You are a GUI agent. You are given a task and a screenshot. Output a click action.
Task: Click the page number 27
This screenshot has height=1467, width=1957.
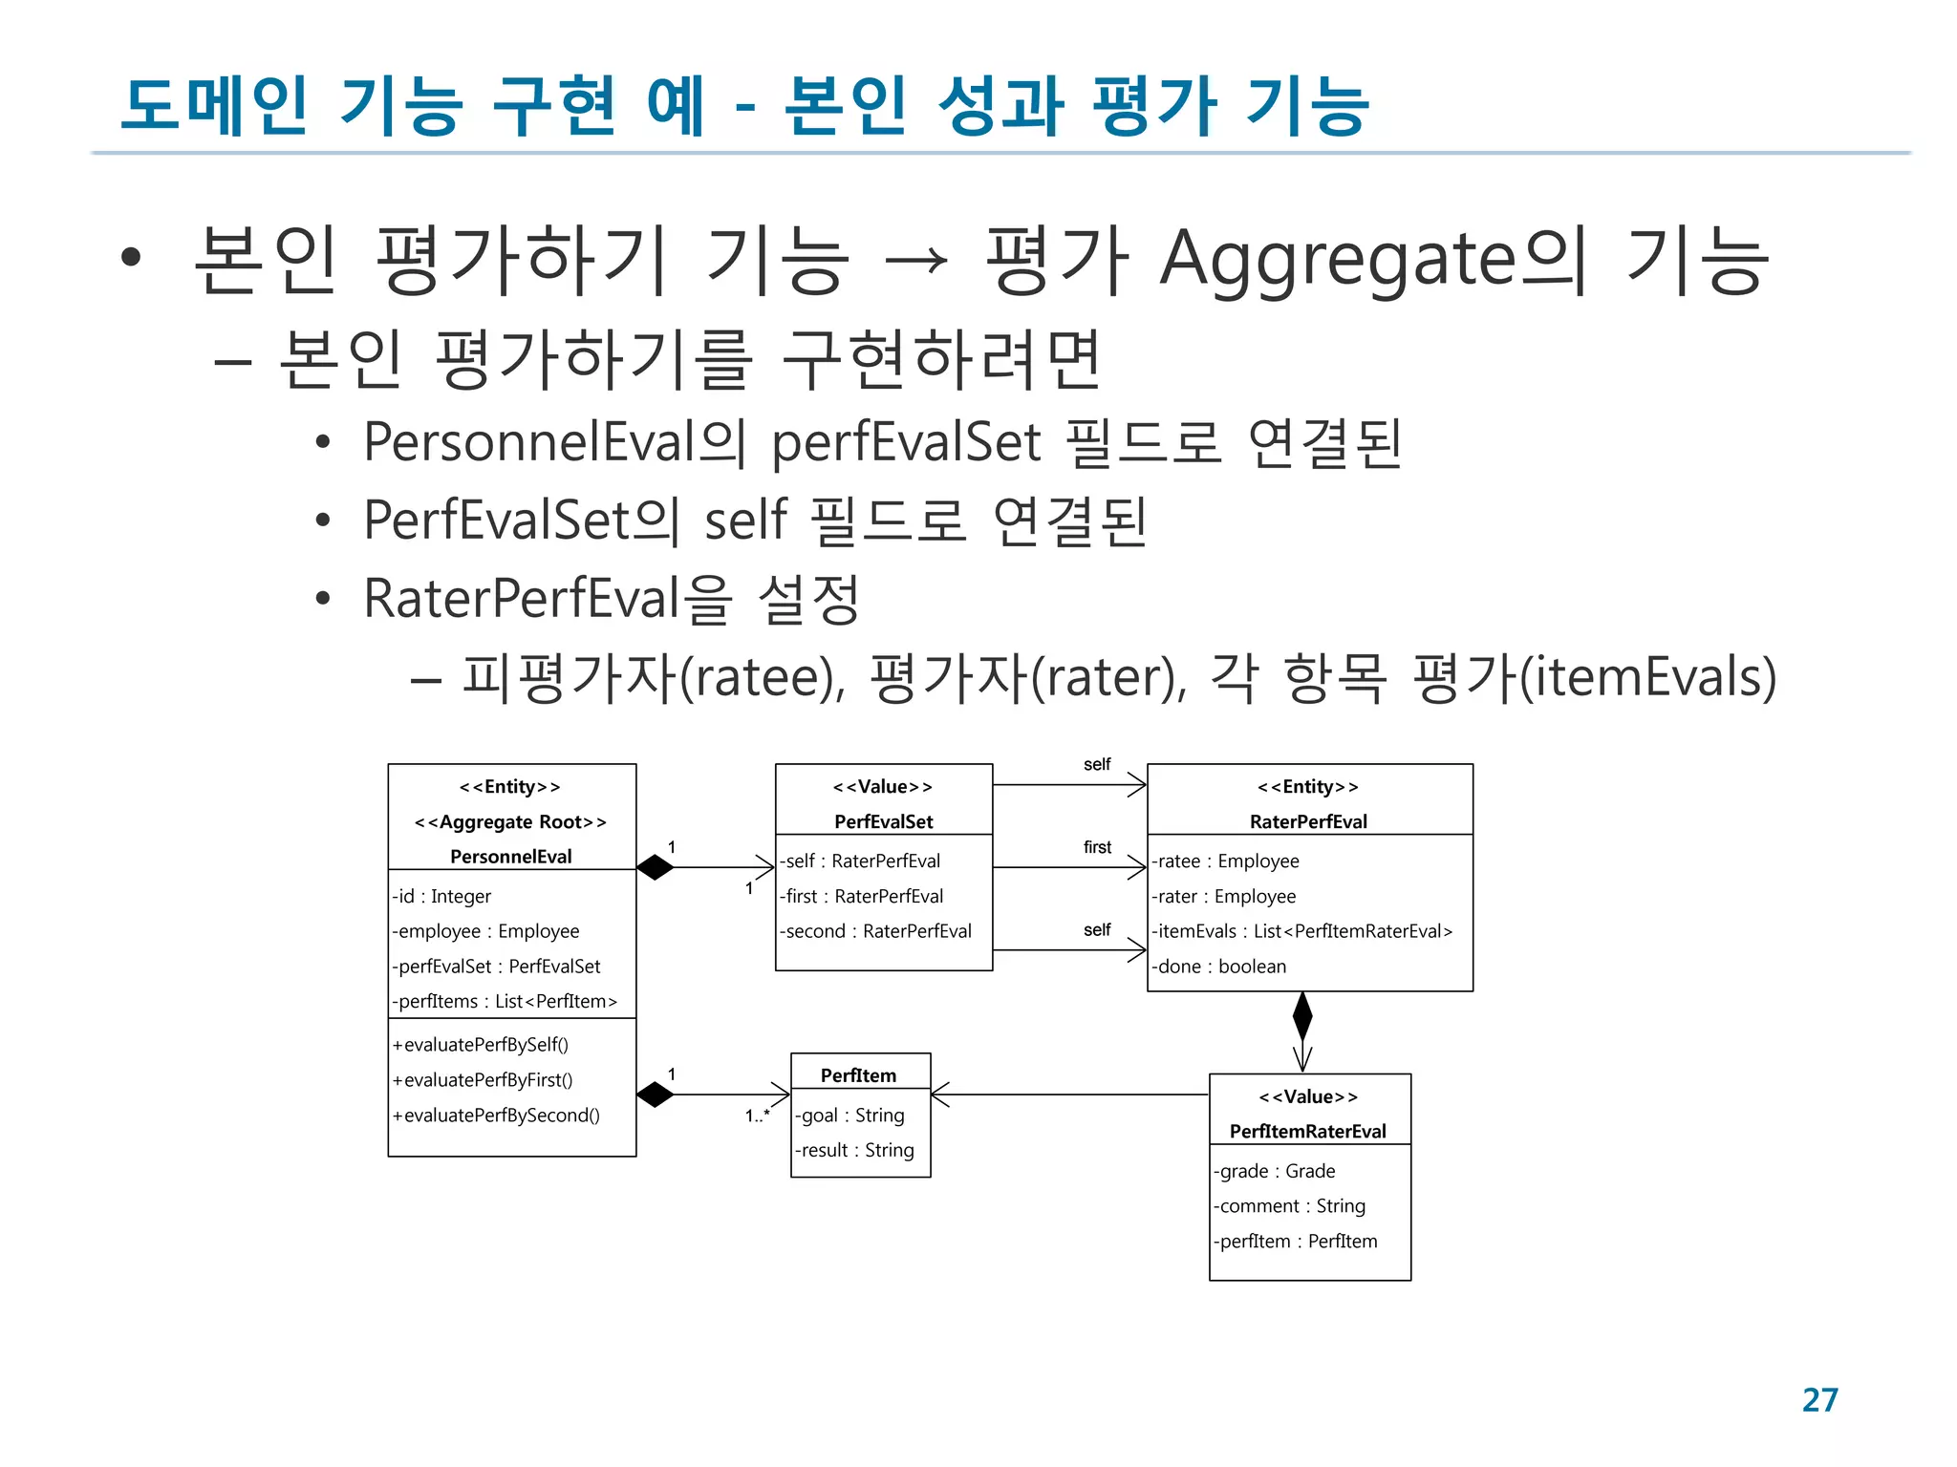click(1819, 1400)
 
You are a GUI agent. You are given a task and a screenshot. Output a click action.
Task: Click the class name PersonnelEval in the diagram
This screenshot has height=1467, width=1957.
click(511, 857)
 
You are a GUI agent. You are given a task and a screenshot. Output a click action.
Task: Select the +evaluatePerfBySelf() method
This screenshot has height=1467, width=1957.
click(480, 1045)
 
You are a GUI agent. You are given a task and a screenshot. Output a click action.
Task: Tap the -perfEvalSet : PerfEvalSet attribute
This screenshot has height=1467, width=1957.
click(496, 967)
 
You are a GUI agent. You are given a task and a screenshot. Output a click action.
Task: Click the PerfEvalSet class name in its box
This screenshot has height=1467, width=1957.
click(883, 821)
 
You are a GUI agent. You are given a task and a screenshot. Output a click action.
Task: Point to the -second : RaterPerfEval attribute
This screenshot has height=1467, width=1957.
click(875, 931)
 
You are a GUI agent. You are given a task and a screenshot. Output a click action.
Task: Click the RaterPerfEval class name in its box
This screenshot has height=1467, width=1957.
click(1308, 821)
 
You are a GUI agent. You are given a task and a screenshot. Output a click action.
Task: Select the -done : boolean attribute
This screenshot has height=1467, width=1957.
click(1218, 967)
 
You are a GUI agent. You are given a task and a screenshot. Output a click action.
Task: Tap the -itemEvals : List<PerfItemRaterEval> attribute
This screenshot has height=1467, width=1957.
click(1301, 931)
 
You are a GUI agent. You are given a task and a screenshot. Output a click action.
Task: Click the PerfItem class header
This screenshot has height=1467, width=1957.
click(859, 1075)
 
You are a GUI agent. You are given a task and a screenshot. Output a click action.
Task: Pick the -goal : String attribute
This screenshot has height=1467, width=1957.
click(849, 1116)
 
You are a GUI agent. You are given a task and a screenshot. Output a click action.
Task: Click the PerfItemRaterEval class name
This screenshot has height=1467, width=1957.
click(1307, 1131)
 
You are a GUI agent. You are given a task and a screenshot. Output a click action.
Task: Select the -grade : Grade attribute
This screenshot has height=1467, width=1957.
click(1274, 1171)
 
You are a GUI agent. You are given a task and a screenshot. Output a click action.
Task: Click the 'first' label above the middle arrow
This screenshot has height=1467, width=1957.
click(1097, 847)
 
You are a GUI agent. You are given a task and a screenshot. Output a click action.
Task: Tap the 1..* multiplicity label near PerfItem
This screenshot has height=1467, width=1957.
click(758, 1116)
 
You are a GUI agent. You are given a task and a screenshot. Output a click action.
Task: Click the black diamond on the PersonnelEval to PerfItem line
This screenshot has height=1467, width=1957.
click(656, 1095)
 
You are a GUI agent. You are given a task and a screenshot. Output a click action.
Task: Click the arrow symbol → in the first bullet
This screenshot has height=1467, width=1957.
click(916, 260)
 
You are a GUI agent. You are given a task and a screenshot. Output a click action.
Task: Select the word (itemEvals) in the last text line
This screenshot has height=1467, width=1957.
click(1647, 677)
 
